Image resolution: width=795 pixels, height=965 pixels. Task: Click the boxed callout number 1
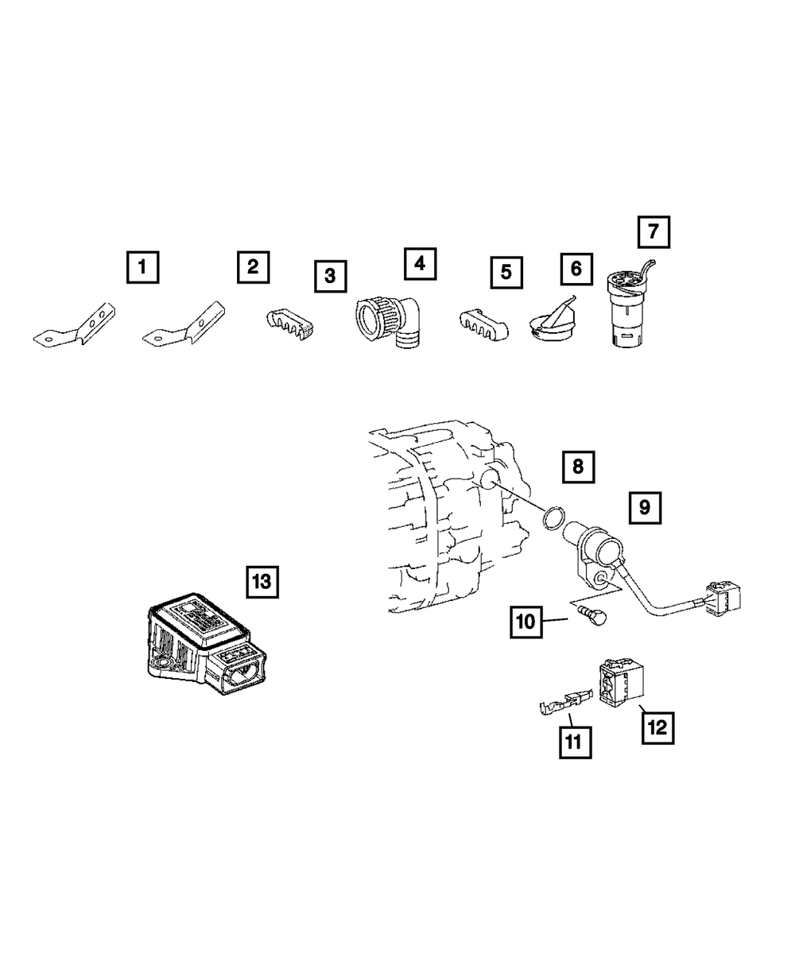tap(143, 267)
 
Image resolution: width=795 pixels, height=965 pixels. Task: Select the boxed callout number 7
tap(653, 231)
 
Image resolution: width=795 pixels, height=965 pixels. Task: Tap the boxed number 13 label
tap(262, 582)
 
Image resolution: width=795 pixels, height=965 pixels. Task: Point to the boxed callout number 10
tap(526, 622)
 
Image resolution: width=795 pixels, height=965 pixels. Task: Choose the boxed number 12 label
tap(657, 728)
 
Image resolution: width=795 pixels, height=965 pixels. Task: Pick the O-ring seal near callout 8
tap(553, 518)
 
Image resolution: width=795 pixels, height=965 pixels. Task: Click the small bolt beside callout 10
tap(592, 615)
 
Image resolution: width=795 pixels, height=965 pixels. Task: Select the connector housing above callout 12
tap(622, 686)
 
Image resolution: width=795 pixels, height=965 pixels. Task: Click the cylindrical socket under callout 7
tap(628, 308)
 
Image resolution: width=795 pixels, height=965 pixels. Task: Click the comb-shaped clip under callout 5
tap(484, 325)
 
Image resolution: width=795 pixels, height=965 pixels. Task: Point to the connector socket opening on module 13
tap(242, 680)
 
